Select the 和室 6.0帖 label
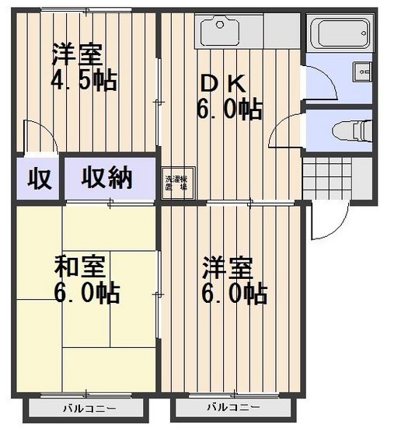click(85, 279)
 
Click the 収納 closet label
click(109, 179)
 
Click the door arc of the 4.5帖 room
click(40, 137)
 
